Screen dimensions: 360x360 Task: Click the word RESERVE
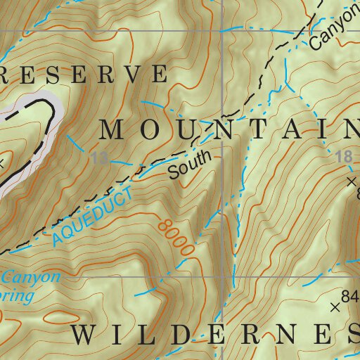(84, 74)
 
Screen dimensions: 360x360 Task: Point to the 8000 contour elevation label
(176, 238)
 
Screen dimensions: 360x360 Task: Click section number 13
(100, 160)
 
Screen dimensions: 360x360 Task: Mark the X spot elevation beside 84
(335, 307)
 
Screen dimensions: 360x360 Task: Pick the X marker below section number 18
(352, 181)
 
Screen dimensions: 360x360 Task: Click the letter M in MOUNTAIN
(113, 129)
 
